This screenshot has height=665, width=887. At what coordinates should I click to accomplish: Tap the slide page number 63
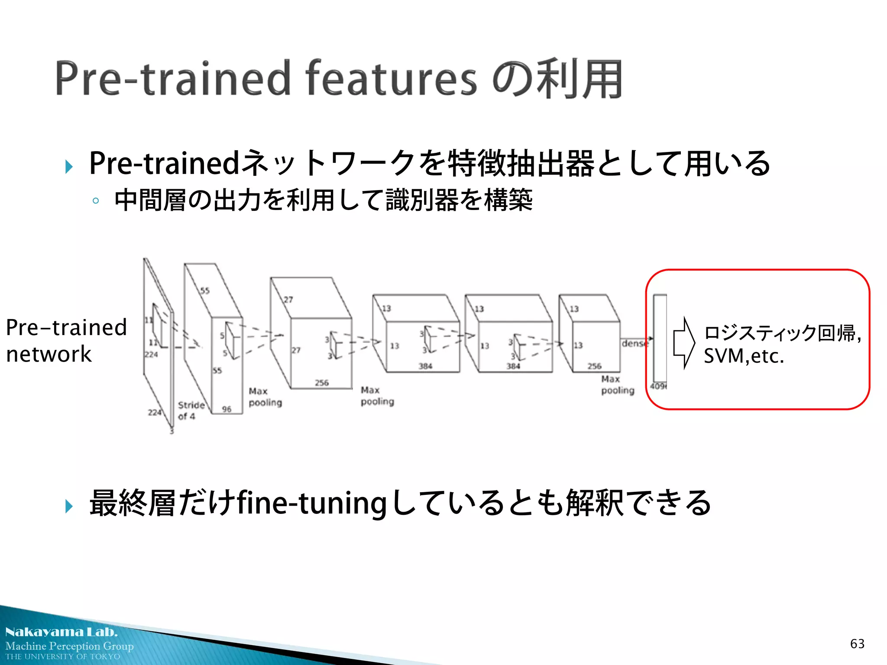coord(857,644)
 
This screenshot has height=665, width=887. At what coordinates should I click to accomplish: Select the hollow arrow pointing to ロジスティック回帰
coord(684,343)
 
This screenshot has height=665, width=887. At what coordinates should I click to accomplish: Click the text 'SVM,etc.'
coord(744,356)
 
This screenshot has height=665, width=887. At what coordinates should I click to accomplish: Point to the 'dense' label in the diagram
coord(635,343)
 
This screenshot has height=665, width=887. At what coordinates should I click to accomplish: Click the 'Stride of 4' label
coord(191,410)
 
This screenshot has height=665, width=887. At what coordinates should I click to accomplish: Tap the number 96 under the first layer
coord(227,409)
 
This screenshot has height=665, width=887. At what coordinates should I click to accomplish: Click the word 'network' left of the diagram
coord(49,354)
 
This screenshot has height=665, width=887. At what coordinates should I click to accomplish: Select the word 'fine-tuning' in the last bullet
coord(312,504)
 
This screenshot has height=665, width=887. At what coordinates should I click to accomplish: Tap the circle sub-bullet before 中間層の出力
coord(96,201)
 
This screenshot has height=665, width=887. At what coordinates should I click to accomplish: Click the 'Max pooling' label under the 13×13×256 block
coord(617,384)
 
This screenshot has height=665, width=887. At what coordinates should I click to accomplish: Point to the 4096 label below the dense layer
coord(658,386)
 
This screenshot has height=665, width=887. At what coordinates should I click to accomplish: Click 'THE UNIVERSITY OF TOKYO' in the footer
coord(63,656)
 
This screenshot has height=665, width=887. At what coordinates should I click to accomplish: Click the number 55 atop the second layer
coord(205,291)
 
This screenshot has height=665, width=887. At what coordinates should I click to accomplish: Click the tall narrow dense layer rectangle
coord(660,338)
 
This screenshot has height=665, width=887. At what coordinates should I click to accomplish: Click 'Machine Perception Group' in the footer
coord(69,646)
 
